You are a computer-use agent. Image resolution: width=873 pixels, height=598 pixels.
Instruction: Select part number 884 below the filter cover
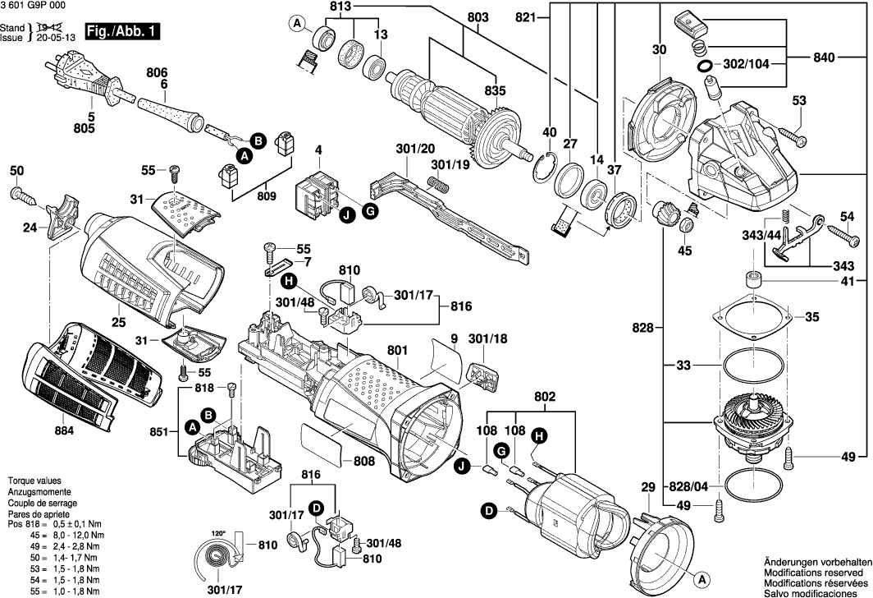click(64, 430)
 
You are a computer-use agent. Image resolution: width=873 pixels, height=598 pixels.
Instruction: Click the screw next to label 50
click(21, 195)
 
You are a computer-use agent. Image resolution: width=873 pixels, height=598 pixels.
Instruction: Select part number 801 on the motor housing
click(397, 351)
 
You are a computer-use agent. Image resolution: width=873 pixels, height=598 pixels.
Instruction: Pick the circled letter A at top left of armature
click(296, 25)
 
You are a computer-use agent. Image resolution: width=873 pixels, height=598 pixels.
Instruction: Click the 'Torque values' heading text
click(35, 480)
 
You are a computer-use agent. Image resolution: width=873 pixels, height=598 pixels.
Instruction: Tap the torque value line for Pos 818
click(54, 523)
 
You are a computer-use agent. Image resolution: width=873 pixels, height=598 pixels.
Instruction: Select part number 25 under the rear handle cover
click(119, 322)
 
